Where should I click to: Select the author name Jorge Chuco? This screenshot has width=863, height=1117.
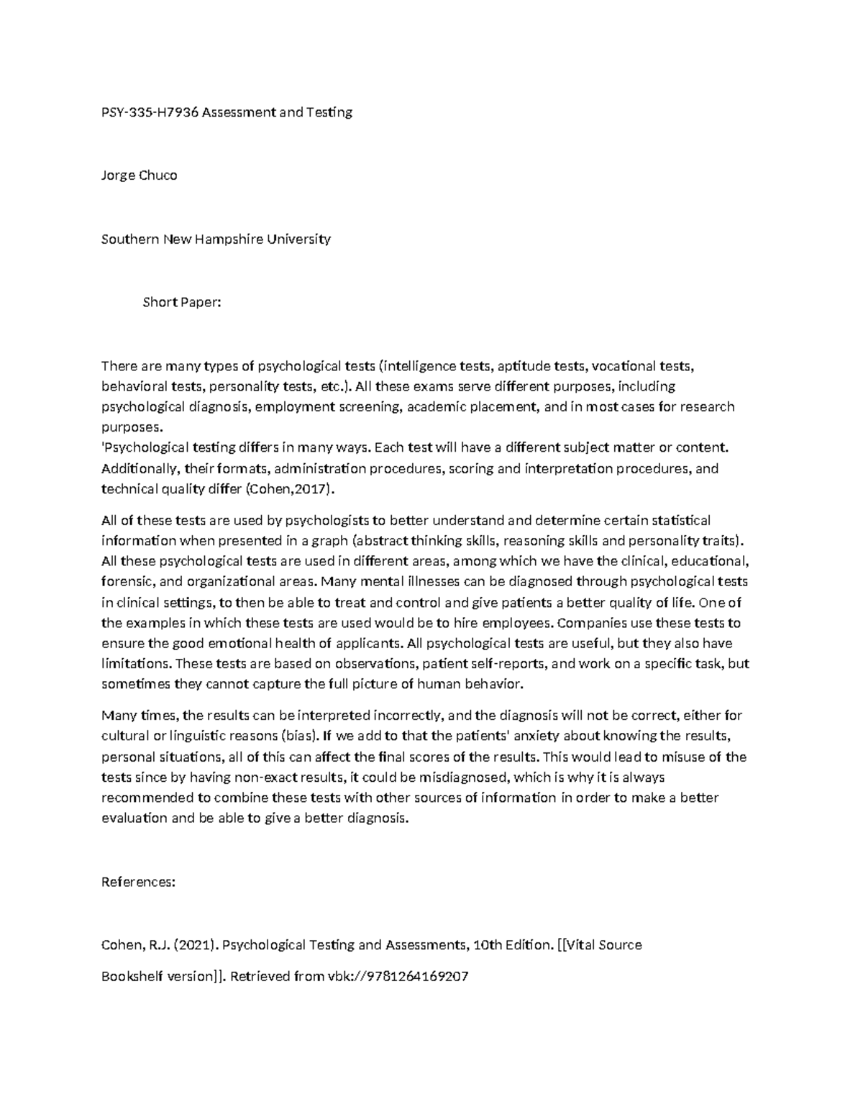pyautogui.click(x=139, y=175)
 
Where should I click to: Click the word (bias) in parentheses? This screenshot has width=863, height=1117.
pyautogui.click(x=298, y=736)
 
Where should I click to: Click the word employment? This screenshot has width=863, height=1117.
pyautogui.click(x=294, y=406)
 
